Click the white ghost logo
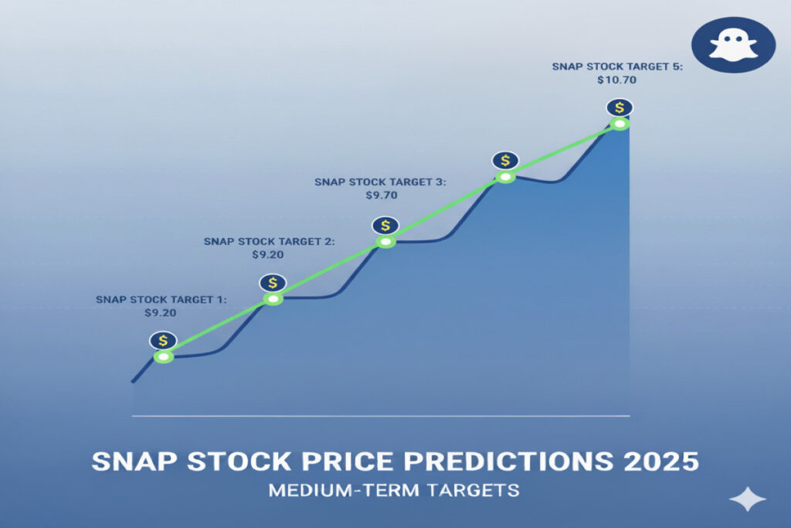tap(733, 45)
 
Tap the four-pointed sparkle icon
tap(748, 499)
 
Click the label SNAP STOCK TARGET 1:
tap(161, 300)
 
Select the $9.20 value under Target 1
tap(161, 313)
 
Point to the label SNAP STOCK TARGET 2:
tap(270, 242)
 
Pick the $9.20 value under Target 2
tap(268, 255)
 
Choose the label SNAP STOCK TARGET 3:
tap(380, 182)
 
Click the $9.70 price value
tap(382, 196)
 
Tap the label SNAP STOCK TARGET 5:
tap(617, 66)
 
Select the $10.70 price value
tap(616, 80)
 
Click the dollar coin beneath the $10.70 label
tap(620, 107)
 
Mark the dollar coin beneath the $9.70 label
tap(385, 226)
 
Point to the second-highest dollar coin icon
tap(505, 161)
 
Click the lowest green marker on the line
tap(164, 357)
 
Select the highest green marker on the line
tap(620, 124)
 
